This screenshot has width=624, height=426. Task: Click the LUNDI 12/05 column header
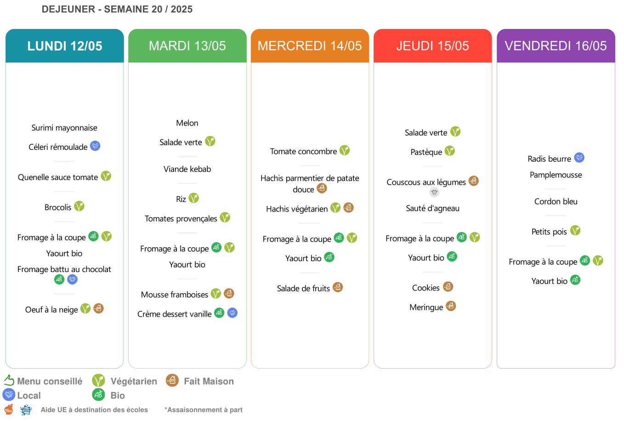65,45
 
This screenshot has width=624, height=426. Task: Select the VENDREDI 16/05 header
556,45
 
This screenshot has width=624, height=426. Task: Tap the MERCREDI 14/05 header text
310,45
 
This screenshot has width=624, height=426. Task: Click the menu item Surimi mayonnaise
64,128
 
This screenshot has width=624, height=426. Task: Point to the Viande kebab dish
187,169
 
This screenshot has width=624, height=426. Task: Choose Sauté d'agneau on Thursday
433,208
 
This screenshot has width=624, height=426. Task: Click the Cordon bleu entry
556,201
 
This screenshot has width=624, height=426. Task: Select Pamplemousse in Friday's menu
556,175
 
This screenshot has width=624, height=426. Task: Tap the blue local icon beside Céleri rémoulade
95,146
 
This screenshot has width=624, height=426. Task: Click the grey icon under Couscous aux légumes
434,192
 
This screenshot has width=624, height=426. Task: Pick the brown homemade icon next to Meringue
451,306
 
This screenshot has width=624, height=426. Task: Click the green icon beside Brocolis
79,206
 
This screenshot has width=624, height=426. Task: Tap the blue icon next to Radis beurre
579,158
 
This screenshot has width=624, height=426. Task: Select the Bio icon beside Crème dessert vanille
219,312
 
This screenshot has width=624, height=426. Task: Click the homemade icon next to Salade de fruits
338,287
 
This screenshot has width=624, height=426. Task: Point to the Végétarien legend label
134,381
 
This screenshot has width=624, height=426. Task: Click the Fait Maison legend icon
172,381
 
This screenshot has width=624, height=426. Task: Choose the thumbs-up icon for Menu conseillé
9,381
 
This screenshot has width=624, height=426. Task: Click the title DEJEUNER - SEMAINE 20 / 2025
117,9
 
